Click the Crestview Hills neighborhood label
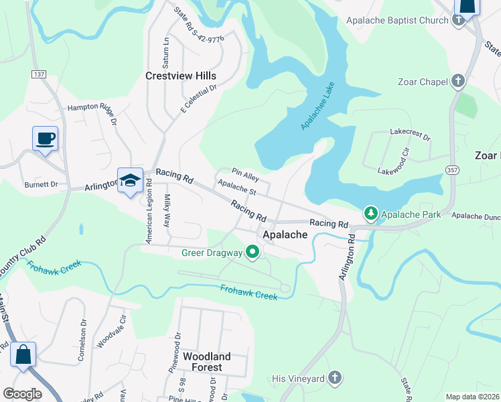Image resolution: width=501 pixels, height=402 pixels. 181,76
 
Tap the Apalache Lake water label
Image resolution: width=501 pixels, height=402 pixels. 317,107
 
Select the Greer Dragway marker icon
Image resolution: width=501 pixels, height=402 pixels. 253,253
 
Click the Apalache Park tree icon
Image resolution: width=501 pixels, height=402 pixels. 371,214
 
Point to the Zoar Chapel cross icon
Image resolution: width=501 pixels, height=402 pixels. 458,82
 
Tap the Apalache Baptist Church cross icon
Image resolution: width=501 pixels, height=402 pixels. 458,20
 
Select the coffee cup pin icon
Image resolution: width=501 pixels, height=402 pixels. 46,139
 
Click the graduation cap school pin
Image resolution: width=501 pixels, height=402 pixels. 130,180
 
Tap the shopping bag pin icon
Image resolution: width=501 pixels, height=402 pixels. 23,355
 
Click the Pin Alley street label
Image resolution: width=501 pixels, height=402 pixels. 245,176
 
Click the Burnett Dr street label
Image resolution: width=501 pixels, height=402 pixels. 41,184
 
